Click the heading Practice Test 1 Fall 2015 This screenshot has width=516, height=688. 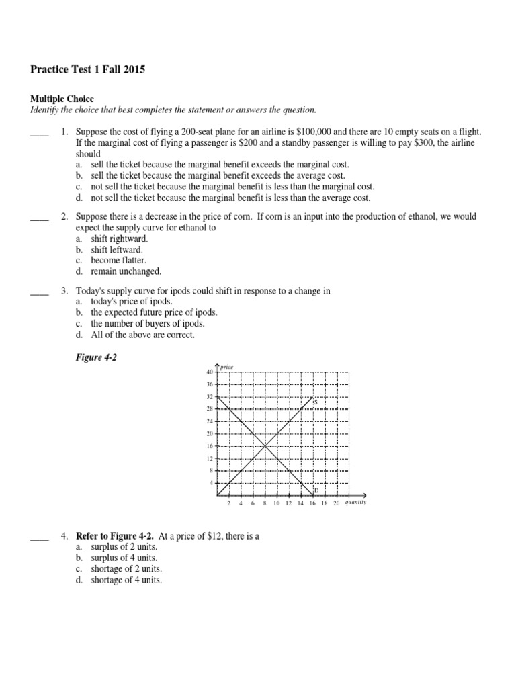(x=87, y=69)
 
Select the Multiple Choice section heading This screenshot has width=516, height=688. (x=62, y=99)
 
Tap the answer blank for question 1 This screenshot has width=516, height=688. (x=40, y=133)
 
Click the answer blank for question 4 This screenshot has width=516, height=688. (x=40, y=537)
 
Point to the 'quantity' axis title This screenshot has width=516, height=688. (x=354, y=502)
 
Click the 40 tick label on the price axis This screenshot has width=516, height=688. (x=210, y=372)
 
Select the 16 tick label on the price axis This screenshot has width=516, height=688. (x=210, y=446)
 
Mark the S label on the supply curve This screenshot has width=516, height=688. (x=315, y=402)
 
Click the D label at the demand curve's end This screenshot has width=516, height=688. (x=316, y=491)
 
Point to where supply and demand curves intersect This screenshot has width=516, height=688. (x=265, y=446)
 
